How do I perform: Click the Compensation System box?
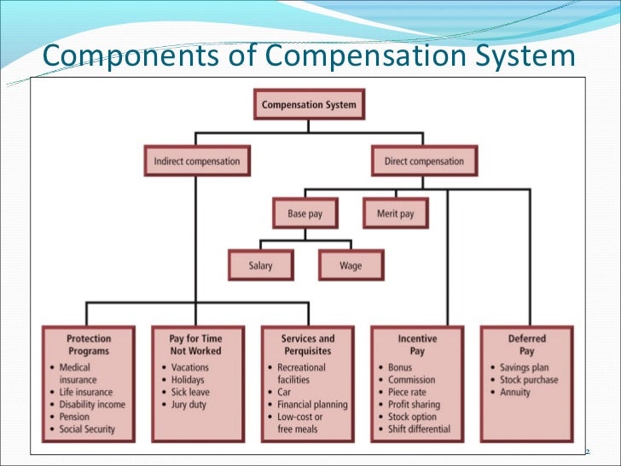(309, 106)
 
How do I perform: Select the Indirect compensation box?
(196, 161)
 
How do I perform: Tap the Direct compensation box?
(424, 161)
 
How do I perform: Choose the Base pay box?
(305, 214)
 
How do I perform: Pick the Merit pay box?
(397, 214)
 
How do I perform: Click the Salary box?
(261, 265)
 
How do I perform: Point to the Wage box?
(351, 265)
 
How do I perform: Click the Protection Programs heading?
(89, 345)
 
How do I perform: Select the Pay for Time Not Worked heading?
(195, 345)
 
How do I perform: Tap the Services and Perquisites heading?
(308, 345)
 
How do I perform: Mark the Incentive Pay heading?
(417, 345)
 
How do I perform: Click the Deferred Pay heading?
(526, 345)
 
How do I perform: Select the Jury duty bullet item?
(188, 405)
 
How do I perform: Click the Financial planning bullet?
(311, 405)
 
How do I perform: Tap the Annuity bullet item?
(514, 393)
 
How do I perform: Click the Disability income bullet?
(91, 405)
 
